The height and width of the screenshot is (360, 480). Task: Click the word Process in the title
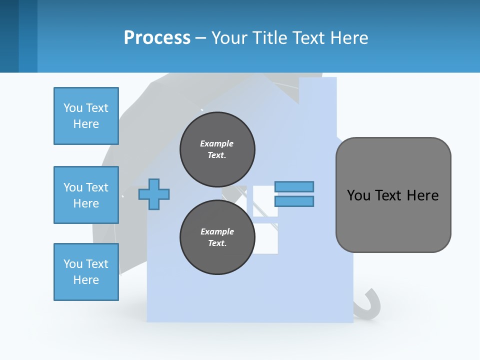tap(157, 37)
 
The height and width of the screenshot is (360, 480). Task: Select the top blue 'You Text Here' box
tap(86, 116)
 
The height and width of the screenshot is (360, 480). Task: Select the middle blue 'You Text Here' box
tap(86, 195)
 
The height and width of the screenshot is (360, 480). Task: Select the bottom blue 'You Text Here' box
tap(86, 272)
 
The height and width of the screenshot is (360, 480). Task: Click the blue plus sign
tap(154, 193)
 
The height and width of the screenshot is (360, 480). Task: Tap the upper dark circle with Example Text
tap(217, 149)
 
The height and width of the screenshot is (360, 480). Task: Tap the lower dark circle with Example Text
tap(217, 237)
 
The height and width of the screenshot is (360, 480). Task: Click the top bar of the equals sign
tap(294, 186)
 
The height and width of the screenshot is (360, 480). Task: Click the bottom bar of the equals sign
tap(294, 201)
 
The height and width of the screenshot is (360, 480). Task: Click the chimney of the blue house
tap(317, 92)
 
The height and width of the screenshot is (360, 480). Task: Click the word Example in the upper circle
tap(217, 143)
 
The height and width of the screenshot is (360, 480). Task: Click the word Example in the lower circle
tap(217, 231)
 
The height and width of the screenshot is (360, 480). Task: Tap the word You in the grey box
tap(358, 195)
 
